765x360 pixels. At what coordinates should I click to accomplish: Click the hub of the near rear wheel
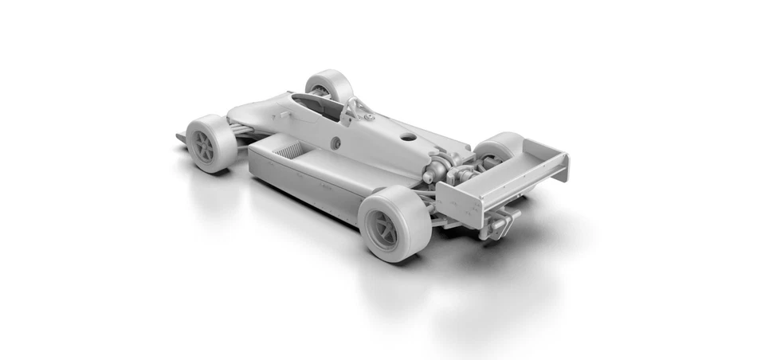[x=386, y=231]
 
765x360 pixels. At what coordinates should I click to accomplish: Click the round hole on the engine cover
[x=408, y=136]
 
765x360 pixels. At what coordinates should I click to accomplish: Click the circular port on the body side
[x=335, y=143]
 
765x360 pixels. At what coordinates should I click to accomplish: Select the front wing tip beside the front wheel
[x=181, y=137]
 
